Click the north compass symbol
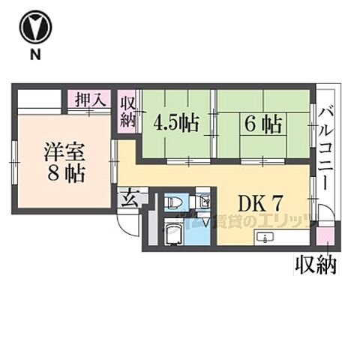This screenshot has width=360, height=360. coord(34,27)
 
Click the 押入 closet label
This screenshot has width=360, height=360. coord(90,99)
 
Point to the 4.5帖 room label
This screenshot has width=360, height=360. coord(176,122)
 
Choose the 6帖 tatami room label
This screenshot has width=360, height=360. coord(261,123)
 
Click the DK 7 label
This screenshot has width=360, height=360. coord(259,202)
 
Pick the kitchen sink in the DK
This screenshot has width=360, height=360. coord(265,238)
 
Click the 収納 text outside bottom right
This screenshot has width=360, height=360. coord(314,265)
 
